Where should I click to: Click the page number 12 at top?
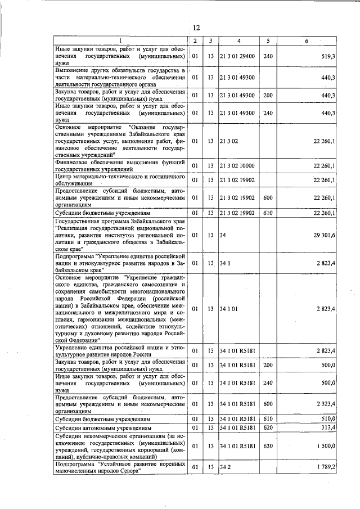pos(196,28)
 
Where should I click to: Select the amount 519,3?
pos(327,57)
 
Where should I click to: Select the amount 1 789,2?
pos(325,467)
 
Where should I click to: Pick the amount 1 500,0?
pos(325,446)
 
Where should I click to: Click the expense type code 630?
pos(268,446)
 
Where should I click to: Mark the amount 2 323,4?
pos(325,403)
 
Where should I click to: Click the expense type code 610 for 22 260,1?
pos(268,213)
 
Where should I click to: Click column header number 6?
pos(307,40)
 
